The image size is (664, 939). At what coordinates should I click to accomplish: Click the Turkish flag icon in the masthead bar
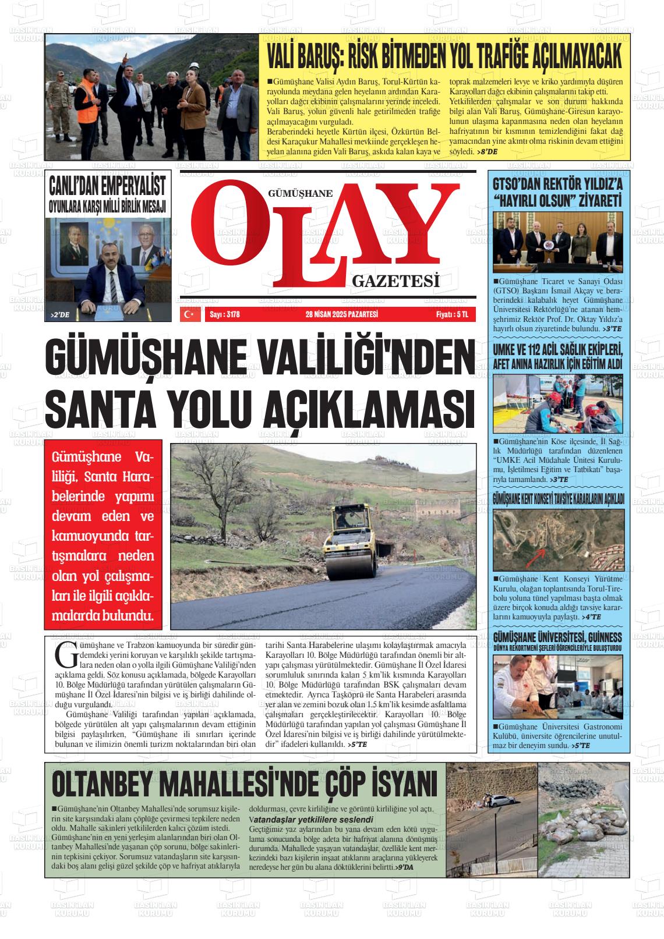[189, 314]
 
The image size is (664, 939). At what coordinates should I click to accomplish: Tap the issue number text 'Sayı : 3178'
[224, 314]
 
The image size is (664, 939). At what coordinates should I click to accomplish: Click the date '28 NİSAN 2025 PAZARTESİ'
[342, 314]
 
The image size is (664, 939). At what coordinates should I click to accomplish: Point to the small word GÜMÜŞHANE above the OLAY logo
[300, 193]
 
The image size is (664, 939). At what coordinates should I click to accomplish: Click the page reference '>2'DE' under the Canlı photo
[60, 315]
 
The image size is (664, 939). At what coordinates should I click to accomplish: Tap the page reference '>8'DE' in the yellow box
[488, 151]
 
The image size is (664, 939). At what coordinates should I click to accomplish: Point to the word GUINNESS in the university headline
[602, 636]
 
